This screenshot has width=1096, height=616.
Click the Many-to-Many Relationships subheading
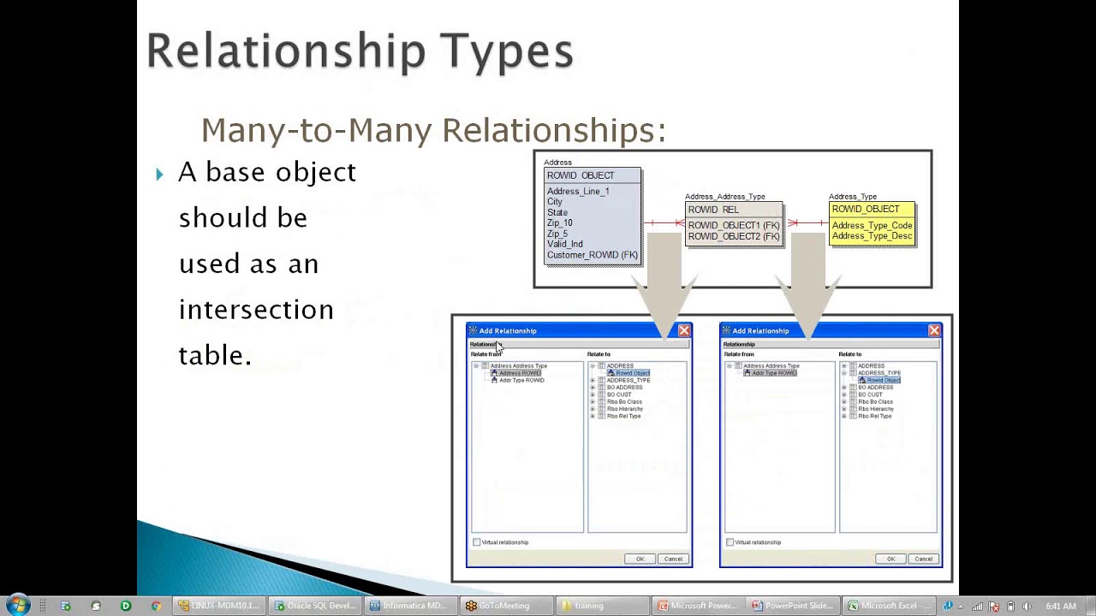click(433, 131)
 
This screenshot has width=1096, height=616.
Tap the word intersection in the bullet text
click(256, 309)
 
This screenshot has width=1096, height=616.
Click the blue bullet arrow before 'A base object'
click(159, 175)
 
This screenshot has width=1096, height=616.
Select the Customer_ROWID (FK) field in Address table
click(592, 255)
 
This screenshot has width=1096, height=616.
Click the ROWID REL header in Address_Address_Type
click(712, 210)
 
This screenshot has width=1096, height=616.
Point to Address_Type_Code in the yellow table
click(872, 226)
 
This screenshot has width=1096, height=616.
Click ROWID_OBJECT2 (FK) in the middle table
click(733, 236)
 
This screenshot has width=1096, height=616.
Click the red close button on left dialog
click(684, 330)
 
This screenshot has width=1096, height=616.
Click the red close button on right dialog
click(934, 330)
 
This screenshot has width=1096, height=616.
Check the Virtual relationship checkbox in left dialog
click(477, 542)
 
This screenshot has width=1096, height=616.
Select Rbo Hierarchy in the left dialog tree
click(624, 409)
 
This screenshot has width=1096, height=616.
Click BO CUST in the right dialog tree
click(870, 394)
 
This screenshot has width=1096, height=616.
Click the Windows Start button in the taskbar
click(17, 606)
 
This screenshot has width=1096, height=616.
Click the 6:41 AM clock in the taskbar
click(1060, 606)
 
